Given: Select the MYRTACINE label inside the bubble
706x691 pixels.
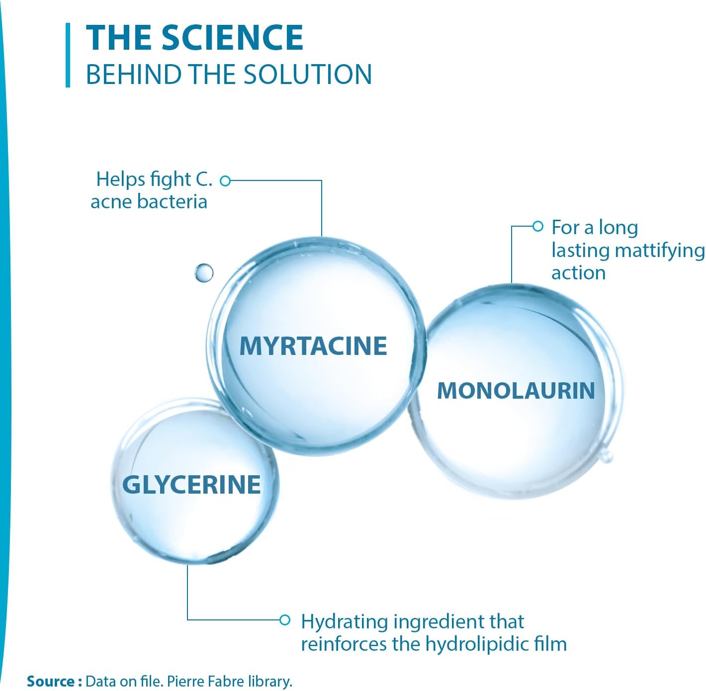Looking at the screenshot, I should click(x=313, y=346).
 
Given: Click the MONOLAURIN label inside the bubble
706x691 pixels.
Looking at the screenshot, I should click(x=516, y=391).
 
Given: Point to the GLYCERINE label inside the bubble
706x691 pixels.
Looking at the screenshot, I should click(x=191, y=485).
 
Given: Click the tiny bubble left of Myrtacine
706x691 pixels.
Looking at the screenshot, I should click(x=204, y=272).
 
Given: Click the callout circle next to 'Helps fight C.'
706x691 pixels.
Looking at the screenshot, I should click(x=225, y=181).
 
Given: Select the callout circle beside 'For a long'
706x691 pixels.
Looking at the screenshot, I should click(x=537, y=227).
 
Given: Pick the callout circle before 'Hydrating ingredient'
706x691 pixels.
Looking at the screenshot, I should click(x=284, y=620).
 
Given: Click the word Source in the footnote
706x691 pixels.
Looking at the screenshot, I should click(x=50, y=681).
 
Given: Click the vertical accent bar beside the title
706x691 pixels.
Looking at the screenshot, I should click(x=68, y=55).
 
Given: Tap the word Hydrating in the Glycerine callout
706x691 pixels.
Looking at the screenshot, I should click(x=344, y=622).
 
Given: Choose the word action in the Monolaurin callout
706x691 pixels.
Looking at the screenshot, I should click(x=578, y=273).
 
